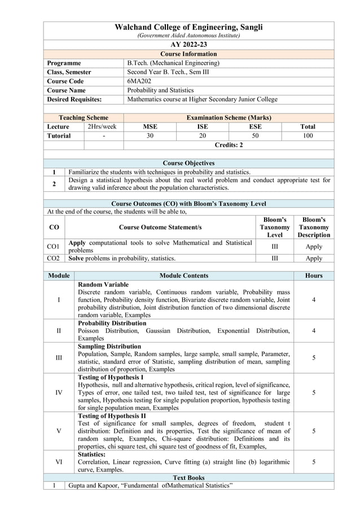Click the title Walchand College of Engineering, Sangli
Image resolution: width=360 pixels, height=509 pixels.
[x=188, y=27]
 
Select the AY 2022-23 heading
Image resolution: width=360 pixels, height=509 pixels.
[x=188, y=45]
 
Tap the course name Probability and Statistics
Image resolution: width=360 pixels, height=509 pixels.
[x=160, y=90]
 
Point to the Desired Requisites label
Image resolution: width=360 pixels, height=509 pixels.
[x=74, y=99]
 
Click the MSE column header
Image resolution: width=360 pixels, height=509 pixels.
[x=150, y=126]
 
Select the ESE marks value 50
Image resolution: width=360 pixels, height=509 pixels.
[x=255, y=135]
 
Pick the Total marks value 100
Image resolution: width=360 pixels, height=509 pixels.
[x=308, y=135]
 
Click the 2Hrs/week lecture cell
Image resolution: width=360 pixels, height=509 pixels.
[x=102, y=126]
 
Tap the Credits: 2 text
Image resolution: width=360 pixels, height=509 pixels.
[x=229, y=145]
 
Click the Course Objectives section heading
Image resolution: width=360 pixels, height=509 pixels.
[x=188, y=163]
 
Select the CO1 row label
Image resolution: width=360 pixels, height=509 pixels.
[x=54, y=247]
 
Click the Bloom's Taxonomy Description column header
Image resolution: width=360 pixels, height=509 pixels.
[x=314, y=227]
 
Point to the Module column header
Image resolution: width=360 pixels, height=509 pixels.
[x=59, y=275]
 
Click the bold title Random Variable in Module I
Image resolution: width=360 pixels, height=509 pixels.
[x=103, y=284]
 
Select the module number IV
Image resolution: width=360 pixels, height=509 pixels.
[x=59, y=392]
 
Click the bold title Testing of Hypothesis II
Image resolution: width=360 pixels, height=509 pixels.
[x=112, y=416]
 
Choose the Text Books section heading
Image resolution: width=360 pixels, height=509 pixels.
[x=188, y=477]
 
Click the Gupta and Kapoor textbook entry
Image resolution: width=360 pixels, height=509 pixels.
[x=150, y=485]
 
